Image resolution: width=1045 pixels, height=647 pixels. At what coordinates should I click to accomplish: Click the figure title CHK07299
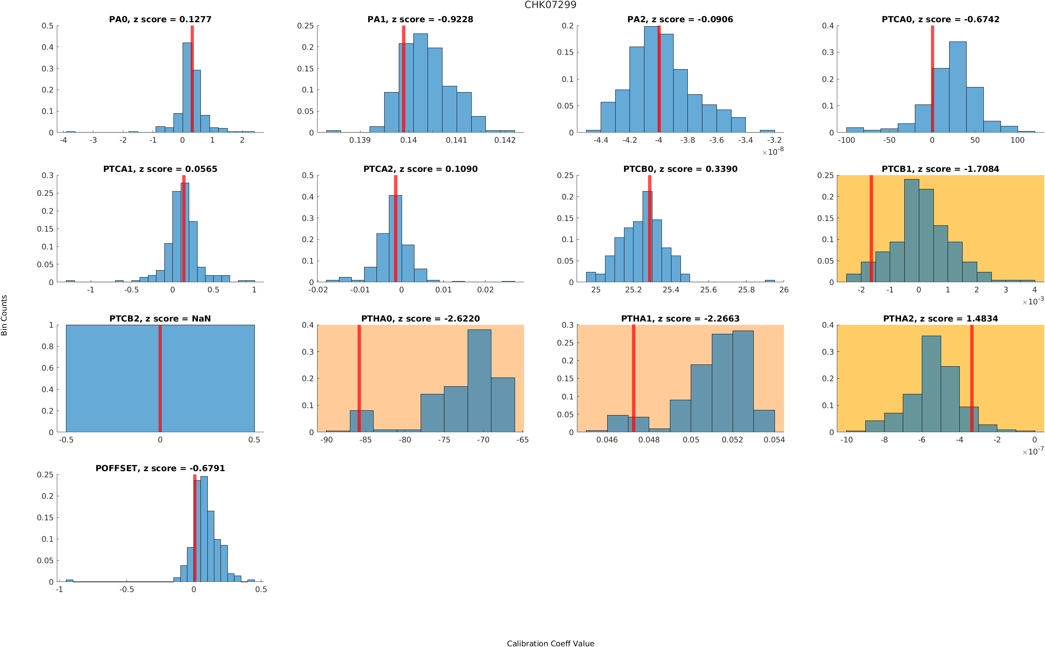point(550,5)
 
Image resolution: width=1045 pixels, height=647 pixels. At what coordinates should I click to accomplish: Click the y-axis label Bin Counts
point(4,315)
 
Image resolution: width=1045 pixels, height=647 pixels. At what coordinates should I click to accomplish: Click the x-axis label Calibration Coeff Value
point(550,643)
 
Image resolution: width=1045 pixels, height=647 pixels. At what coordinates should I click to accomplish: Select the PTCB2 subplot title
point(160,318)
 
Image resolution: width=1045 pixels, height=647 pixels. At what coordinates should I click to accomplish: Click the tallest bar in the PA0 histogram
point(187,88)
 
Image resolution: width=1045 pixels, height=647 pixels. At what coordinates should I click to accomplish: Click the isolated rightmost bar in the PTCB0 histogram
point(769,281)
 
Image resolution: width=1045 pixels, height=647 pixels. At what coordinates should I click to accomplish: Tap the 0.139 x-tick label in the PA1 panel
point(360,140)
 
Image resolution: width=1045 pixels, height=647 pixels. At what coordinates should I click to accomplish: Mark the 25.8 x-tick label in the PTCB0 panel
point(746,290)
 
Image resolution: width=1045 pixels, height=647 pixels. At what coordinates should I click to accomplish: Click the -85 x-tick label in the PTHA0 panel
point(365,440)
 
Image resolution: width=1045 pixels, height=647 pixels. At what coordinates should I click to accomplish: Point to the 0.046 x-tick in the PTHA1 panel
point(607,440)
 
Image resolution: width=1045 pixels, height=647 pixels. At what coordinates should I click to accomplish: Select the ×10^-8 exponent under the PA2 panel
point(773,151)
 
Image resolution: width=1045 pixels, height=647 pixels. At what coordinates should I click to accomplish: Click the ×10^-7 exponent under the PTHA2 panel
point(1033,451)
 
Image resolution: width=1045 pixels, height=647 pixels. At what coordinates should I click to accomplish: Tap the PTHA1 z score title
point(680,318)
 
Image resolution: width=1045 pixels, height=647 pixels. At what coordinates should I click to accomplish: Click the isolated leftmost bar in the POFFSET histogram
point(69,580)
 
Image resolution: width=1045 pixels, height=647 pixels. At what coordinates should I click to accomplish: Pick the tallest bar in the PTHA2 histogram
point(931,383)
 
